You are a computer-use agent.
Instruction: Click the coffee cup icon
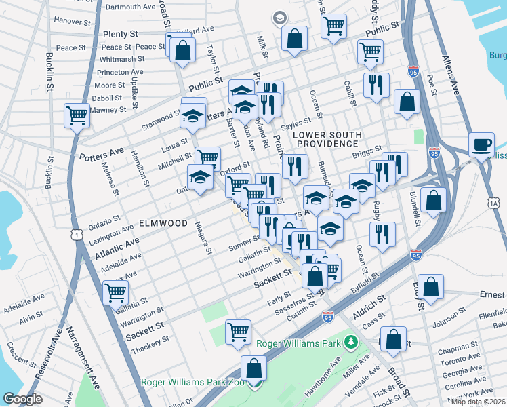click(x=482, y=146)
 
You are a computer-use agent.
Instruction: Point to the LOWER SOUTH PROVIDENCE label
click(x=325, y=138)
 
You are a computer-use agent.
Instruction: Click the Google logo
click(x=22, y=399)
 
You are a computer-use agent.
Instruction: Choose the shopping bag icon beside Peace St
click(x=182, y=50)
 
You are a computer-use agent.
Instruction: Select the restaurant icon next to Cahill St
click(x=375, y=86)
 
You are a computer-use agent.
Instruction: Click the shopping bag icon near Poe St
click(x=407, y=102)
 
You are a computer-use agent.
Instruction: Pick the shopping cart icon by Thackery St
click(x=239, y=332)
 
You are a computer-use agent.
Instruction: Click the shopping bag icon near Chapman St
click(x=393, y=340)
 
